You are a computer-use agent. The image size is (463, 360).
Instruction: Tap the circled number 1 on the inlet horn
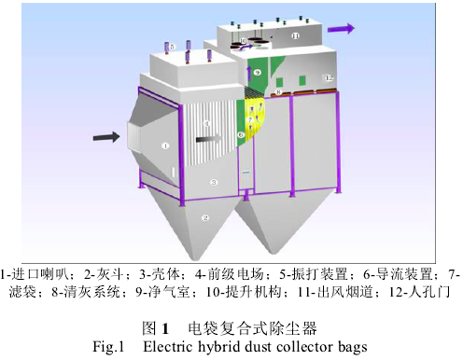pyautogui.click(x=164, y=145)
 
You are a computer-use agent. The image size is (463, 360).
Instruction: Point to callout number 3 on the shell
pyautogui.click(x=214, y=183)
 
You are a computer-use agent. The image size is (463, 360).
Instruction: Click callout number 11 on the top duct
pyautogui.click(x=294, y=36)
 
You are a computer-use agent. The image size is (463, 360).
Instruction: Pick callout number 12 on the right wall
pyautogui.click(x=328, y=77)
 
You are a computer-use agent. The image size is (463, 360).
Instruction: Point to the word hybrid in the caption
pyautogui.click(x=217, y=347)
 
